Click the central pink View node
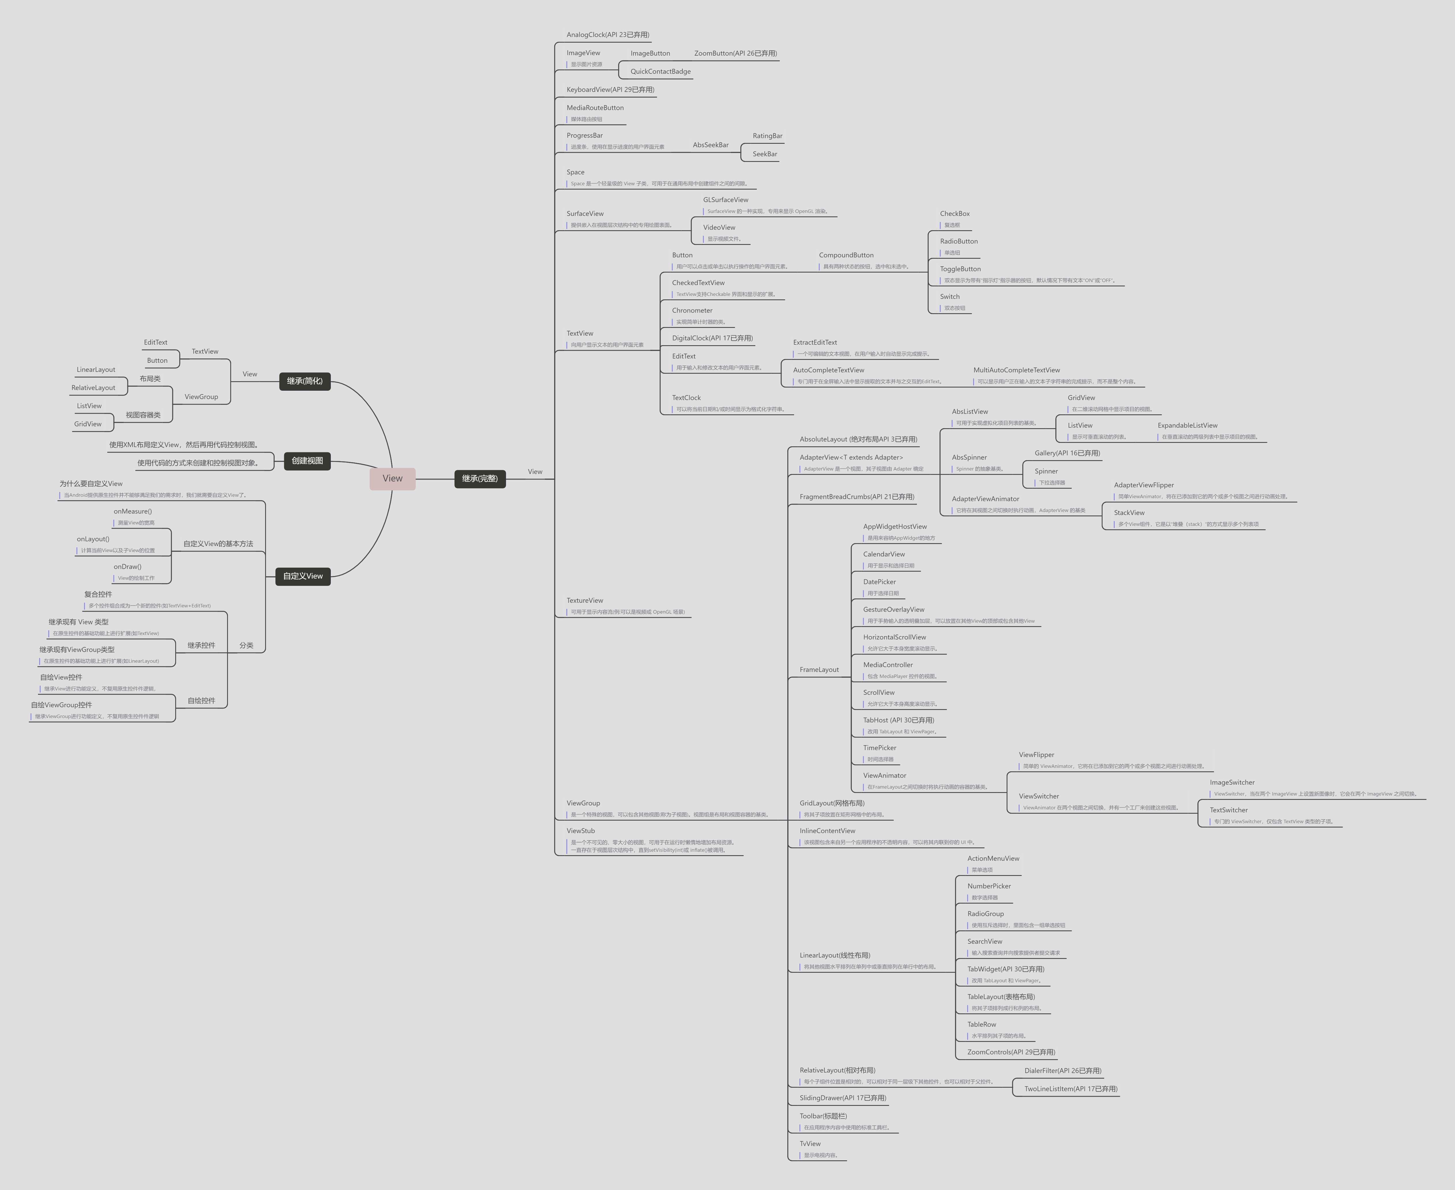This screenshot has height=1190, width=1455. pyautogui.click(x=392, y=479)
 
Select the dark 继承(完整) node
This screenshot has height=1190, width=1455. pyautogui.click(x=480, y=479)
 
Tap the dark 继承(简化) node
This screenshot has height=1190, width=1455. pyautogui.click(x=304, y=381)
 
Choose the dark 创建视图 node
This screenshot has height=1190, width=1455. pyautogui.click(x=307, y=461)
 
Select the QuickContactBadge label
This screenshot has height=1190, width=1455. pyautogui.click(x=660, y=71)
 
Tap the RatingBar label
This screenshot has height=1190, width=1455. pyautogui.click(x=767, y=136)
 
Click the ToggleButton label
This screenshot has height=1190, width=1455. pyautogui.click(x=960, y=269)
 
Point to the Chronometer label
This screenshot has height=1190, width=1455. pyautogui.click(x=692, y=311)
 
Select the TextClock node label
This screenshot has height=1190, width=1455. pyautogui.click(x=686, y=398)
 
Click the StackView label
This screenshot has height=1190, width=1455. pyautogui.click(x=1128, y=513)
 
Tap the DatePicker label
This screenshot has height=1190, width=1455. pyautogui.click(x=879, y=582)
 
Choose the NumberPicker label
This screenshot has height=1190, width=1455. pyautogui.click(x=989, y=886)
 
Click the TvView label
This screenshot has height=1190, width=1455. pyautogui.click(x=810, y=1143)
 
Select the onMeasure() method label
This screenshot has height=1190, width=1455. pyautogui.click(x=132, y=511)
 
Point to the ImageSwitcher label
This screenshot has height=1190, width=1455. pyautogui.click(x=1231, y=782)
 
